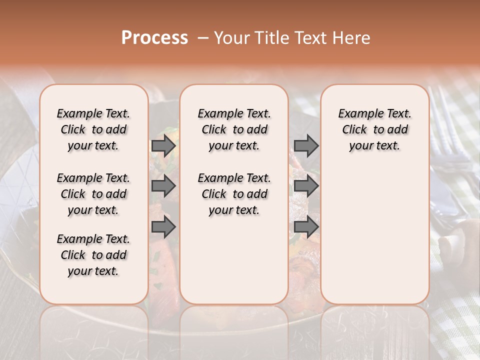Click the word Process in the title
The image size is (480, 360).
(154, 38)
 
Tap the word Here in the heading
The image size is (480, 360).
(352, 38)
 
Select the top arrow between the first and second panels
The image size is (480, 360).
(163, 145)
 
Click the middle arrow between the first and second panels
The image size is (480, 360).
(163, 186)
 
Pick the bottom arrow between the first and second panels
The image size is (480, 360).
(163, 227)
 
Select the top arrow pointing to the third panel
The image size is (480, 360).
(306, 145)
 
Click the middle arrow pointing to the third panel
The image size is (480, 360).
(306, 186)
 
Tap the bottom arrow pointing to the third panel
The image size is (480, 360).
(306, 227)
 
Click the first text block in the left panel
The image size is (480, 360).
(93, 129)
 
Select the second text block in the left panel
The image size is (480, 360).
(93, 194)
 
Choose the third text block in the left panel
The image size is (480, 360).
(93, 255)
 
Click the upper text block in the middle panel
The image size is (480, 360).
(234, 129)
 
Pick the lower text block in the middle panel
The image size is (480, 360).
(234, 194)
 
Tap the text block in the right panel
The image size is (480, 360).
(374, 129)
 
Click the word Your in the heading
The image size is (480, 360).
(232, 38)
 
